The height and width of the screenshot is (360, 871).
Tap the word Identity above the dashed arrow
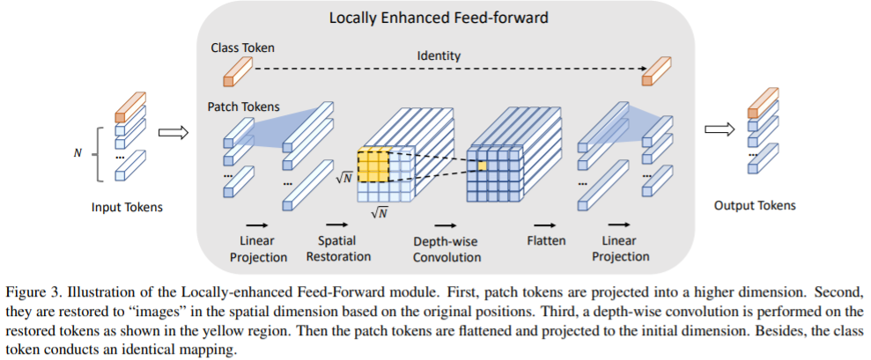(439, 56)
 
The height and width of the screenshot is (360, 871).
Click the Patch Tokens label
(244, 107)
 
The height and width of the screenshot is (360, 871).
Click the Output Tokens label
(755, 205)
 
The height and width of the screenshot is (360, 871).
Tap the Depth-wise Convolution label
(447, 248)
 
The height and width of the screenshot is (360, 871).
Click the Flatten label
(547, 240)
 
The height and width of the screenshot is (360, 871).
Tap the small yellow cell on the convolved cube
(482, 165)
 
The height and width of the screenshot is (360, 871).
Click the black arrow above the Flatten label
(546, 224)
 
